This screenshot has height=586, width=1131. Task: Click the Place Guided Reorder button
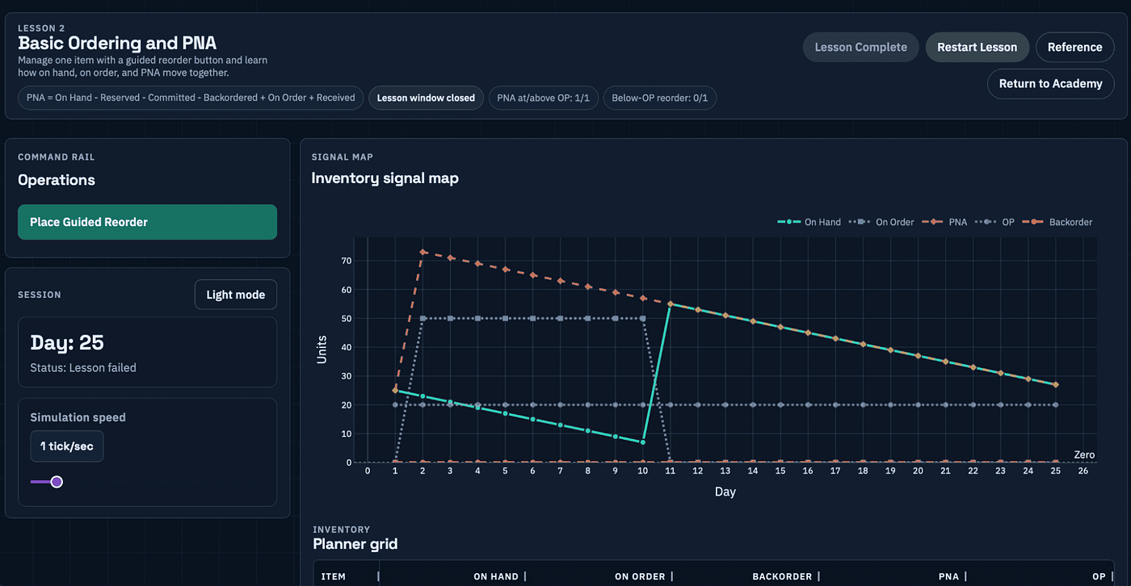point(147,222)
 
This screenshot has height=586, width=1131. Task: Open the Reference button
point(1074,47)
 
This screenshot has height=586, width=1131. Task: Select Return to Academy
point(1050,84)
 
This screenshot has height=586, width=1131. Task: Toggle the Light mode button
point(235,295)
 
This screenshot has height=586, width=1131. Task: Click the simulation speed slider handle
point(57,482)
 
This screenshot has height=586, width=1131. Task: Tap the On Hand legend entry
point(809,222)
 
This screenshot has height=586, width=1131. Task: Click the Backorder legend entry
point(1057,222)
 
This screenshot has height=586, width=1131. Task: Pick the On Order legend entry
point(881,222)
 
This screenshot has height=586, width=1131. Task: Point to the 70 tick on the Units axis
point(347,261)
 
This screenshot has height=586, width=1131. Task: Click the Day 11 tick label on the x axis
point(670,471)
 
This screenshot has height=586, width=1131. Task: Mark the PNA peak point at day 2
point(423,252)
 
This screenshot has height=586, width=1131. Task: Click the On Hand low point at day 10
point(643,442)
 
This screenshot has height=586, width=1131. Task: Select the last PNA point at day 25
point(1055,385)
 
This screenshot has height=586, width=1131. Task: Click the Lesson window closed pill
point(426,98)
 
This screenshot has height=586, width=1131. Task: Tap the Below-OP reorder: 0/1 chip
point(659,98)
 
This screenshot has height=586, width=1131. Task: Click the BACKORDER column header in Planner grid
point(782,576)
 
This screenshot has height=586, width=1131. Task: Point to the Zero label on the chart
point(1084,454)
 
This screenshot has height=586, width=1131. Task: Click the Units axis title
point(322,350)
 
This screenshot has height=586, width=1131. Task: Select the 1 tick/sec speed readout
point(66,446)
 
